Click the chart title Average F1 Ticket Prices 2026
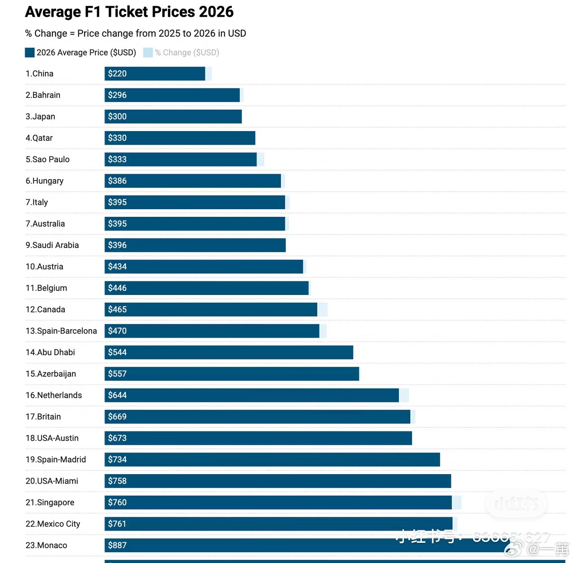point(129,12)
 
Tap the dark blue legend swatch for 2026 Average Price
point(30,53)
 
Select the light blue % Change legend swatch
point(148,53)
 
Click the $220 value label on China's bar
point(117,74)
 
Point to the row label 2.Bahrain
point(43,95)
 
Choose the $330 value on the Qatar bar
point(117,138)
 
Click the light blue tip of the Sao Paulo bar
point(261,159)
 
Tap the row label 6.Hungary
point(44,181)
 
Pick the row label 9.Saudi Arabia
point(52,245)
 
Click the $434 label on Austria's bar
point(117,267)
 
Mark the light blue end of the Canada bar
point(322,309)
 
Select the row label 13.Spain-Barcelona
point(61,331)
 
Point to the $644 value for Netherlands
point(117,395)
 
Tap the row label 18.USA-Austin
point(52,438)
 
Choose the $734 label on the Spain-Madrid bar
point(117,459)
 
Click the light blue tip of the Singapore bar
point(456,502)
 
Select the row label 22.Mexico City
point(53,524)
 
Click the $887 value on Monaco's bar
point(117,545)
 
